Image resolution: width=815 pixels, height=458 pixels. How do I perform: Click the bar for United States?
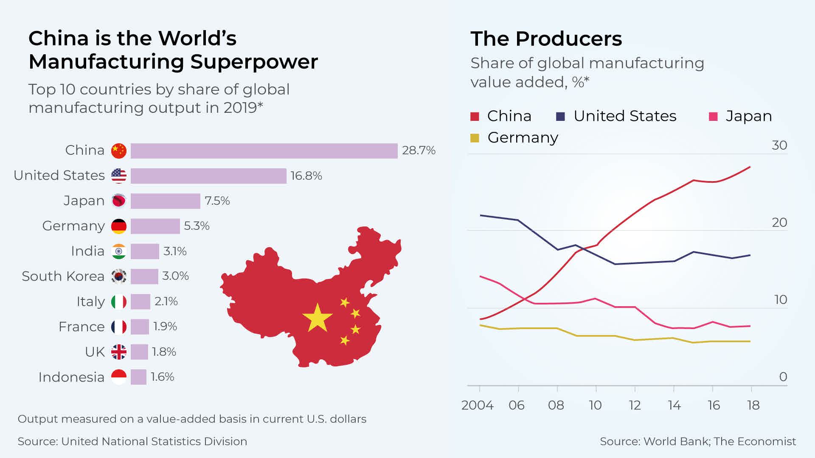click(x=208, y=176)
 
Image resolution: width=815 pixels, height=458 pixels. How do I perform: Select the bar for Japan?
click(x=165, y=201)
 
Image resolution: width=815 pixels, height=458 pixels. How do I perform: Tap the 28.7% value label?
click(x=419, y=151)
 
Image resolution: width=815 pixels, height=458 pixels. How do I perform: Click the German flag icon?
click(x=119, y=226)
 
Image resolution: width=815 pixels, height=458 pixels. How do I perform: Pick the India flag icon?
click(x=119, y=251)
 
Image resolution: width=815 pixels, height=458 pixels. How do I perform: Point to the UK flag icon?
click(x=119, y=352)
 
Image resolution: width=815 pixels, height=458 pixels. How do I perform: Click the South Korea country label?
click(x=63, y=276)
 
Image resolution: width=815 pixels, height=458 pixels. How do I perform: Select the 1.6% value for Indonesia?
click(x=163, y=377)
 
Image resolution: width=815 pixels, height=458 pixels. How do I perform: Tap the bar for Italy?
click(x=140, y=302)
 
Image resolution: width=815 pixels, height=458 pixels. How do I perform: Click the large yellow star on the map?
click(x=317, y=318)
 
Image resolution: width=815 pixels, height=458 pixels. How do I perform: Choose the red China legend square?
click(x=475, y=116)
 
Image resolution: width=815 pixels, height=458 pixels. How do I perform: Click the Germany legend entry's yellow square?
click(x=475, y=138)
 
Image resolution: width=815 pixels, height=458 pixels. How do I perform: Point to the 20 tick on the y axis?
click(x=779, y=222)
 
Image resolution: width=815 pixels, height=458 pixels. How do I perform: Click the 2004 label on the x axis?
click(x=477, y=405)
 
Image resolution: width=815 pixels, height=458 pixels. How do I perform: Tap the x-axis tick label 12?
click(x=635, y=405)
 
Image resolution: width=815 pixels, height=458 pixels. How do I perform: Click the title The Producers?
click(x=546, y=39)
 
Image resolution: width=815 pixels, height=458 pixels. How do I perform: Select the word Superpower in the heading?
click(x=254, y=61)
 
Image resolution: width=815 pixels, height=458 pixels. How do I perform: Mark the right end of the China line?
click(x=750, y=167)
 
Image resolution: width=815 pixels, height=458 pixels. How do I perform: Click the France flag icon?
click(x=119, y=327)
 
